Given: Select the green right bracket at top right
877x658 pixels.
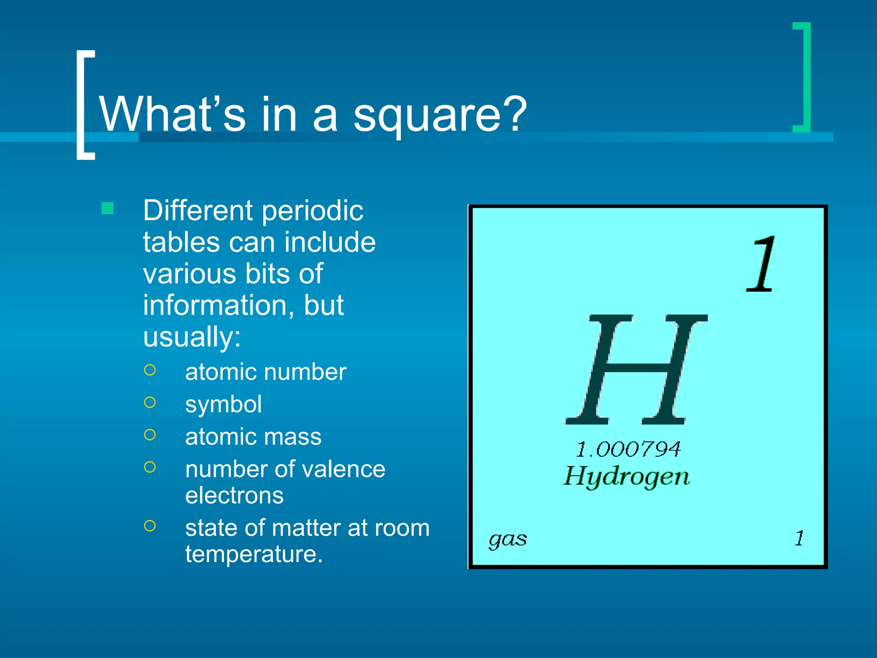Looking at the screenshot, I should tap(803, 77).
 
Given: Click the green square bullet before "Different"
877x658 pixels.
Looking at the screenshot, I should tap(107, 209).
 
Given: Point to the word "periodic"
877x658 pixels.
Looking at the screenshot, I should tap(313, 211).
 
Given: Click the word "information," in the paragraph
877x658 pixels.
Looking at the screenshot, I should tap(219, 305).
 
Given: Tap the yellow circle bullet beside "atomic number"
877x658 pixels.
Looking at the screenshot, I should tap(150, 370).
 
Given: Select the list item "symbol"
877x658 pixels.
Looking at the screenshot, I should tap(223, 404).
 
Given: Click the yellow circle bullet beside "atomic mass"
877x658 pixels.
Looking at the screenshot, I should tap(150, 435).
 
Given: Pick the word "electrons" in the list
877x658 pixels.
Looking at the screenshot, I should tap(234, 496).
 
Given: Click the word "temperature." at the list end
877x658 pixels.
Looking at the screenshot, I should tap(254, 554).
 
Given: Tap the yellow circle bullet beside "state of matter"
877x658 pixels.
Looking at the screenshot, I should tap(150, 526).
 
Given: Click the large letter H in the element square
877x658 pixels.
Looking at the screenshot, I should tap(636, 369).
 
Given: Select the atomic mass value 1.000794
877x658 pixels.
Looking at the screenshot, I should tap(628, 449).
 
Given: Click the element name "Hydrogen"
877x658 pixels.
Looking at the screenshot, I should tap(626, 476).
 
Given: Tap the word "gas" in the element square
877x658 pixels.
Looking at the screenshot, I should tap(507, 539).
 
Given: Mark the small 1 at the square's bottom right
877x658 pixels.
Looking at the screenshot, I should tap(799, 538).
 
